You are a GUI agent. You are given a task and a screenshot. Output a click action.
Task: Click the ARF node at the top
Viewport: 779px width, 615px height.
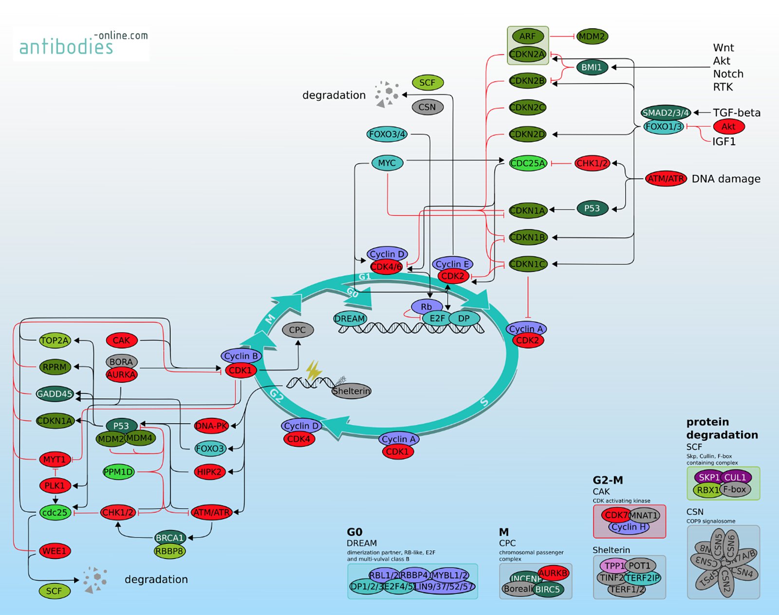tap(527, 36)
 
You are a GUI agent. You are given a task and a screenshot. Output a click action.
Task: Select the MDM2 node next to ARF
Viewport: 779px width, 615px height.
tap(592, 36)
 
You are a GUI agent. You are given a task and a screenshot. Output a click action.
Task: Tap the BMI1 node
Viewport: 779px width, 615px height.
tap(592, 67)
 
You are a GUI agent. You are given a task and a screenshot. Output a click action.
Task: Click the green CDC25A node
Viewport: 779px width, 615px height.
tap(528, 163)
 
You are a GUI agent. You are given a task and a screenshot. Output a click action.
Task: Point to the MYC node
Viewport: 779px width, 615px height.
tap(387, 163)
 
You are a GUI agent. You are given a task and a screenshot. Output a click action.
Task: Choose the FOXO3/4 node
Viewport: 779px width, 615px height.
tap(387, 134)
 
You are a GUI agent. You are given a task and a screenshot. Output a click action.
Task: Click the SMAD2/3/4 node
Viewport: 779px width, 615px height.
tap(666, 112)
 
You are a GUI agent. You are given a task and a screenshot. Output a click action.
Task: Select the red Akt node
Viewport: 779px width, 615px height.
tap(728, 127)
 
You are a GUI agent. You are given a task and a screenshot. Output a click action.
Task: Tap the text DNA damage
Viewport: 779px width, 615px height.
tap(726, 179)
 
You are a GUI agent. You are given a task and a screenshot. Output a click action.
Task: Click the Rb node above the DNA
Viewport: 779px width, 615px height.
tap(427, 307)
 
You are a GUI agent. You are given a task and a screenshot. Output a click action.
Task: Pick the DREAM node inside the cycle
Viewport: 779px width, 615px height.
tap(350, 319)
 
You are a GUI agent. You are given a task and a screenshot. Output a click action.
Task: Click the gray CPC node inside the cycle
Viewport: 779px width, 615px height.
tap(297, 330)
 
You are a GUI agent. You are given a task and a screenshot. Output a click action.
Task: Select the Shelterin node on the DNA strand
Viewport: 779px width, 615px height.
tap(351, 391)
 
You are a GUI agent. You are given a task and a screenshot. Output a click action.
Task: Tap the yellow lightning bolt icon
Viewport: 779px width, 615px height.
tap(314, 371)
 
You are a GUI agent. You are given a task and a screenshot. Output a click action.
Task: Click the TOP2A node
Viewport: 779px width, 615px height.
tap(55, 340)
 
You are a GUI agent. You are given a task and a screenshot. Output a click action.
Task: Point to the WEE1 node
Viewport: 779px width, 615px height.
tap(55, 551)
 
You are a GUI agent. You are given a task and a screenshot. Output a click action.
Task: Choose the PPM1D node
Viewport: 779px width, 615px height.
tap(118, 472)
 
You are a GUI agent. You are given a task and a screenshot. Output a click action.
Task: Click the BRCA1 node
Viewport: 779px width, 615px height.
tap(169, 538)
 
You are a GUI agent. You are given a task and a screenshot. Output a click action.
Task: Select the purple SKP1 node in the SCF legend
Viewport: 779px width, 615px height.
tap(708, 477)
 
